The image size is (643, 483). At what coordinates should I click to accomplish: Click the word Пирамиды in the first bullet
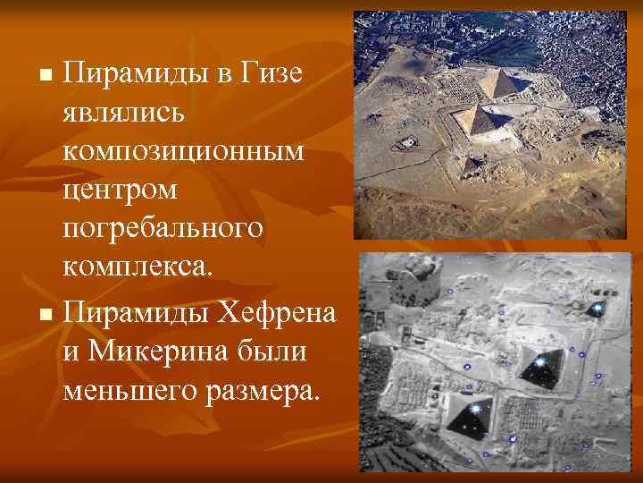tap(130, 72)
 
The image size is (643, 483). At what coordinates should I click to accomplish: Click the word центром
tap(121, 190)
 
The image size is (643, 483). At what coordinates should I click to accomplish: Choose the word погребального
tap(163, 228)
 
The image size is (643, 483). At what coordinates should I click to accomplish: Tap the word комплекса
tap(132, 267)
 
